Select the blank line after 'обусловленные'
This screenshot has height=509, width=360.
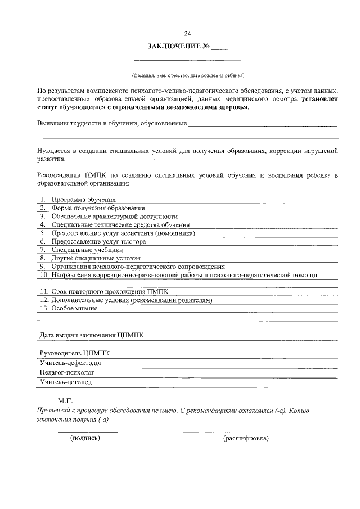coord(263,123)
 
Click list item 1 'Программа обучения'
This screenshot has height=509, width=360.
coord(83,200)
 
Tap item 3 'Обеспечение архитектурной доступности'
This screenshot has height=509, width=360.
coord(114,217)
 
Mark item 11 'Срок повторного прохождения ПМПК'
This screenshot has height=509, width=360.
coord(109,292)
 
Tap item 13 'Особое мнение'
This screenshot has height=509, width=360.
coord(74,308)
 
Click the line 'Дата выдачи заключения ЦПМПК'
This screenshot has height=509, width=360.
coord(91,335)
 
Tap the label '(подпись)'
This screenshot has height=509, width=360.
coord(84,438)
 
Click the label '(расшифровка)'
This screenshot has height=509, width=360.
coord(246,438)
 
